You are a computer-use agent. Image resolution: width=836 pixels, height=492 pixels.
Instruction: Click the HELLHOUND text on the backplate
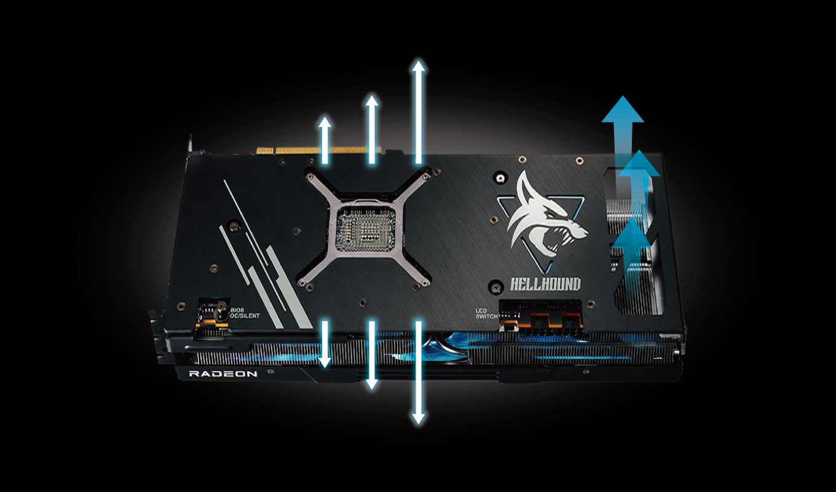click(545, 284)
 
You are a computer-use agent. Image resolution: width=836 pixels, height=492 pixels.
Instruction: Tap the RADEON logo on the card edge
click(223, 374)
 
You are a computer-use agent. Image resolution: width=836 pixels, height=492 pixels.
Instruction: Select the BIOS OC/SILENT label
click(245, 313)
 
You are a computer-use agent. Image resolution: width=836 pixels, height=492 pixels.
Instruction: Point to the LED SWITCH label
click(487, 314)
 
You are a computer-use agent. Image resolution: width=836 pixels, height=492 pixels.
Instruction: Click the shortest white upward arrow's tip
click(325, 118)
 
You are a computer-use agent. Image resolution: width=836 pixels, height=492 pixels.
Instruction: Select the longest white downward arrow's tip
click(419, 423)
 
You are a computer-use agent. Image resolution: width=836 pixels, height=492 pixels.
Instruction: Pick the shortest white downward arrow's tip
click(325, 366)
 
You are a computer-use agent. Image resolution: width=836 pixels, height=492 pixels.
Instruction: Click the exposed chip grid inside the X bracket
click(366, 229)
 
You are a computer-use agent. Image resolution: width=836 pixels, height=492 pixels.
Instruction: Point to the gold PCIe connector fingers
click(318, 151)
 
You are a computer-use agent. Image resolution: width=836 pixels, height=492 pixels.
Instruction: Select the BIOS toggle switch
click(222, 311)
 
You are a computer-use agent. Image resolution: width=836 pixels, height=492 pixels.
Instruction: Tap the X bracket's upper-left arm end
click(310, 176)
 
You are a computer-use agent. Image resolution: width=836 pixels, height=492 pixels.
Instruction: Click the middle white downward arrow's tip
click(371, 388)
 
